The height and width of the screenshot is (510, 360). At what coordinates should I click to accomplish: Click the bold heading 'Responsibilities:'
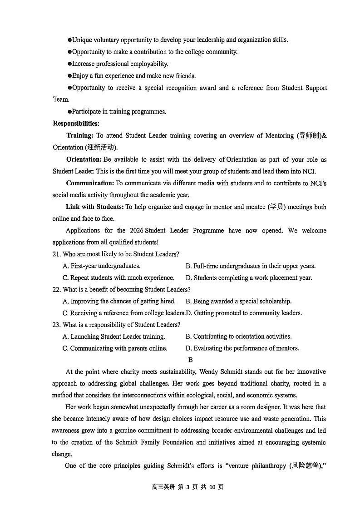tap(76, 124)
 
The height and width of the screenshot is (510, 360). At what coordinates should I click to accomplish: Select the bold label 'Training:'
tap(79, 135)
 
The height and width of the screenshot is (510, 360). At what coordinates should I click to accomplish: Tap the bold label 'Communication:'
tap(90, 183)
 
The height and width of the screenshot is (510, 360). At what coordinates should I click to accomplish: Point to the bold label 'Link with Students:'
tap(95, 207)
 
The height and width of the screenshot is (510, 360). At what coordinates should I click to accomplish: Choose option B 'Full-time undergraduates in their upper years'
tap(250, 266)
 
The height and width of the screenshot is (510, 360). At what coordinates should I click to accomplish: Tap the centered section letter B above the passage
tap(190, 360)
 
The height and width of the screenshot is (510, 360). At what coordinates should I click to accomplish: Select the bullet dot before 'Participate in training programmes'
tap(69, 111)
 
